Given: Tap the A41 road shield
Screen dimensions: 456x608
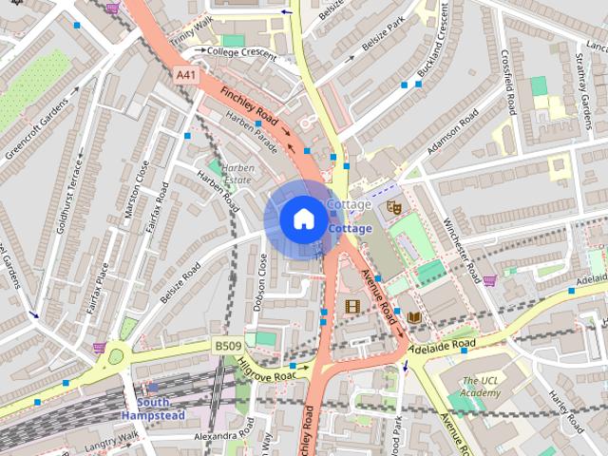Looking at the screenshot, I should [187, 73].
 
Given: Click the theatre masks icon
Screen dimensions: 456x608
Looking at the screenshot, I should [395, 206].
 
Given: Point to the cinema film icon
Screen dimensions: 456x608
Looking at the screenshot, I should [353, 306].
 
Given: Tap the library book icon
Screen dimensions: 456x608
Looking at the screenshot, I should [413, 316].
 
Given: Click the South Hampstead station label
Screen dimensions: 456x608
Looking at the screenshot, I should [145, 408].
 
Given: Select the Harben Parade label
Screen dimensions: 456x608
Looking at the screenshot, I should [251, 131].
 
